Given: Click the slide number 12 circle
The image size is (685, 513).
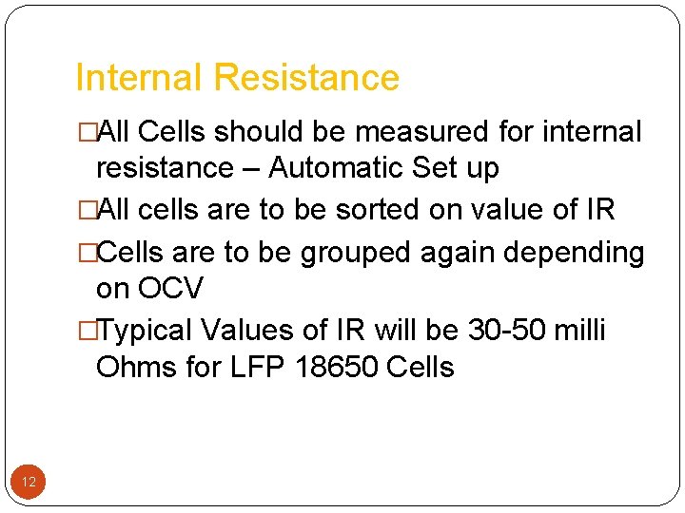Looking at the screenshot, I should point(29,483).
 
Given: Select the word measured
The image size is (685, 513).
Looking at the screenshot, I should point(420,132).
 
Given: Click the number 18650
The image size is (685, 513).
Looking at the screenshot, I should point(338,367).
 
